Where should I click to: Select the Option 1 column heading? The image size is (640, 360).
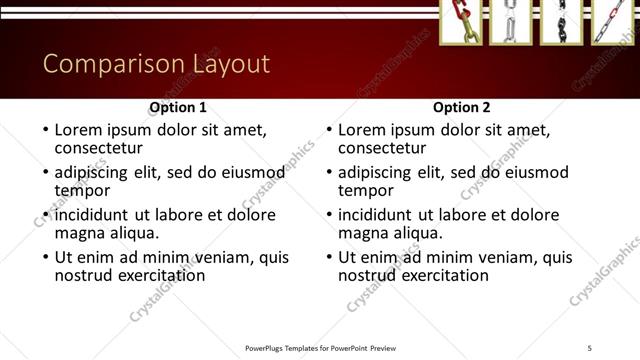tap(178, 107)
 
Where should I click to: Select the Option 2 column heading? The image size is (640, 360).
tap(462, 107)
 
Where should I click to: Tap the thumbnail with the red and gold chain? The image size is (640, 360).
tap(462, 21)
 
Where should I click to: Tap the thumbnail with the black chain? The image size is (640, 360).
tap(560, 21)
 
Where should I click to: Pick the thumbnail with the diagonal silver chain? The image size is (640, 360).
tap(611, 21)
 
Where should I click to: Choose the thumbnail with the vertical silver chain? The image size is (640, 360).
tap(511, 21)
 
